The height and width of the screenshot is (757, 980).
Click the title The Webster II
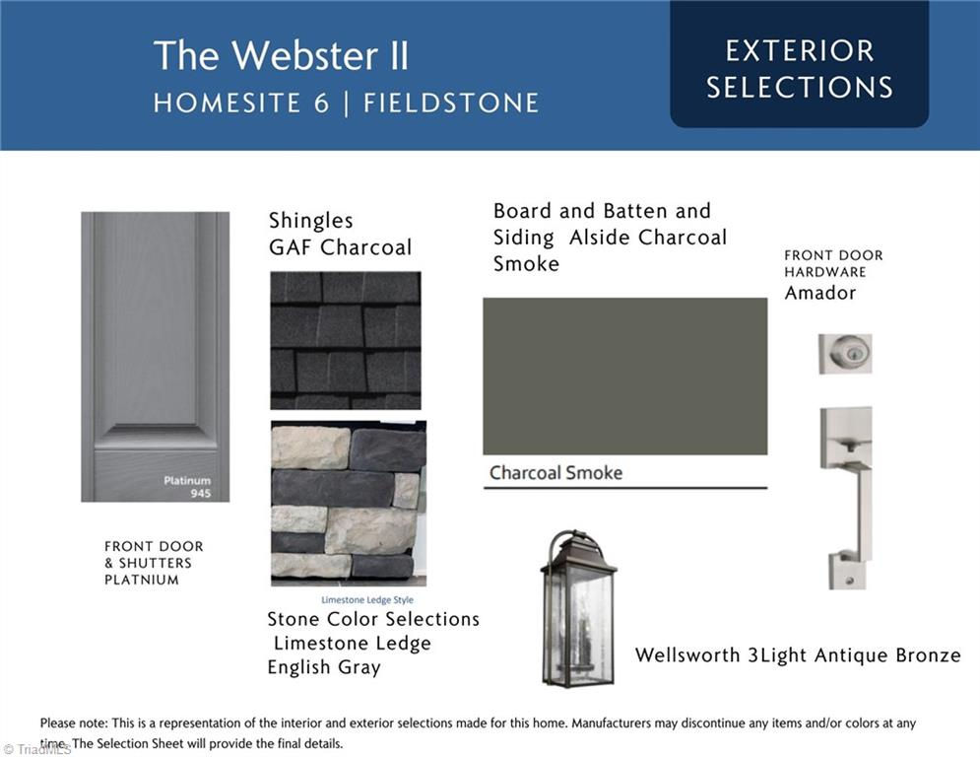pos(281,55)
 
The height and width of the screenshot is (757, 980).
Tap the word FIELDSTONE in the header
pos(451,103)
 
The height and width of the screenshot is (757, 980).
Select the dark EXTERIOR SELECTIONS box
pos(800,64)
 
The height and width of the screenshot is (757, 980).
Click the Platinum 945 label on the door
pos(187,487)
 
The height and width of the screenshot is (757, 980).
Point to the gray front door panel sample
pos(155,357)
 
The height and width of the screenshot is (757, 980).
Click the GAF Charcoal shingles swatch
pos(346,340)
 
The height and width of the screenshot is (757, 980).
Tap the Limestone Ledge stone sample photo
pos(349,503)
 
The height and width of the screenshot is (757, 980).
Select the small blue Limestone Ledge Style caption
pos(366,600)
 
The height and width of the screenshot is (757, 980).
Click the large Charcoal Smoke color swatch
pos(625,376)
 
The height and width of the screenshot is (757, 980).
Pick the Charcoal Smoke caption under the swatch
pos(555,472)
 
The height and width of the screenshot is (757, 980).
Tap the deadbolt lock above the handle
pos(845,354)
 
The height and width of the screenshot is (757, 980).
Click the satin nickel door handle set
pos(847,498)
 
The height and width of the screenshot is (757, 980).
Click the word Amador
pos(820,293)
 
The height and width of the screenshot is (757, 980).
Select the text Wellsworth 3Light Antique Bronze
pos(798,655)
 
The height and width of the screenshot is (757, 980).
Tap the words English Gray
pos(324,667)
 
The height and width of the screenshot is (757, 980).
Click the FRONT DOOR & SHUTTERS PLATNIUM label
pos(154,563)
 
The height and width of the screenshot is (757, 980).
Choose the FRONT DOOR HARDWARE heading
pos(834,263)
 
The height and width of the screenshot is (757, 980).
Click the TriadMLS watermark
pos(36,749)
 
